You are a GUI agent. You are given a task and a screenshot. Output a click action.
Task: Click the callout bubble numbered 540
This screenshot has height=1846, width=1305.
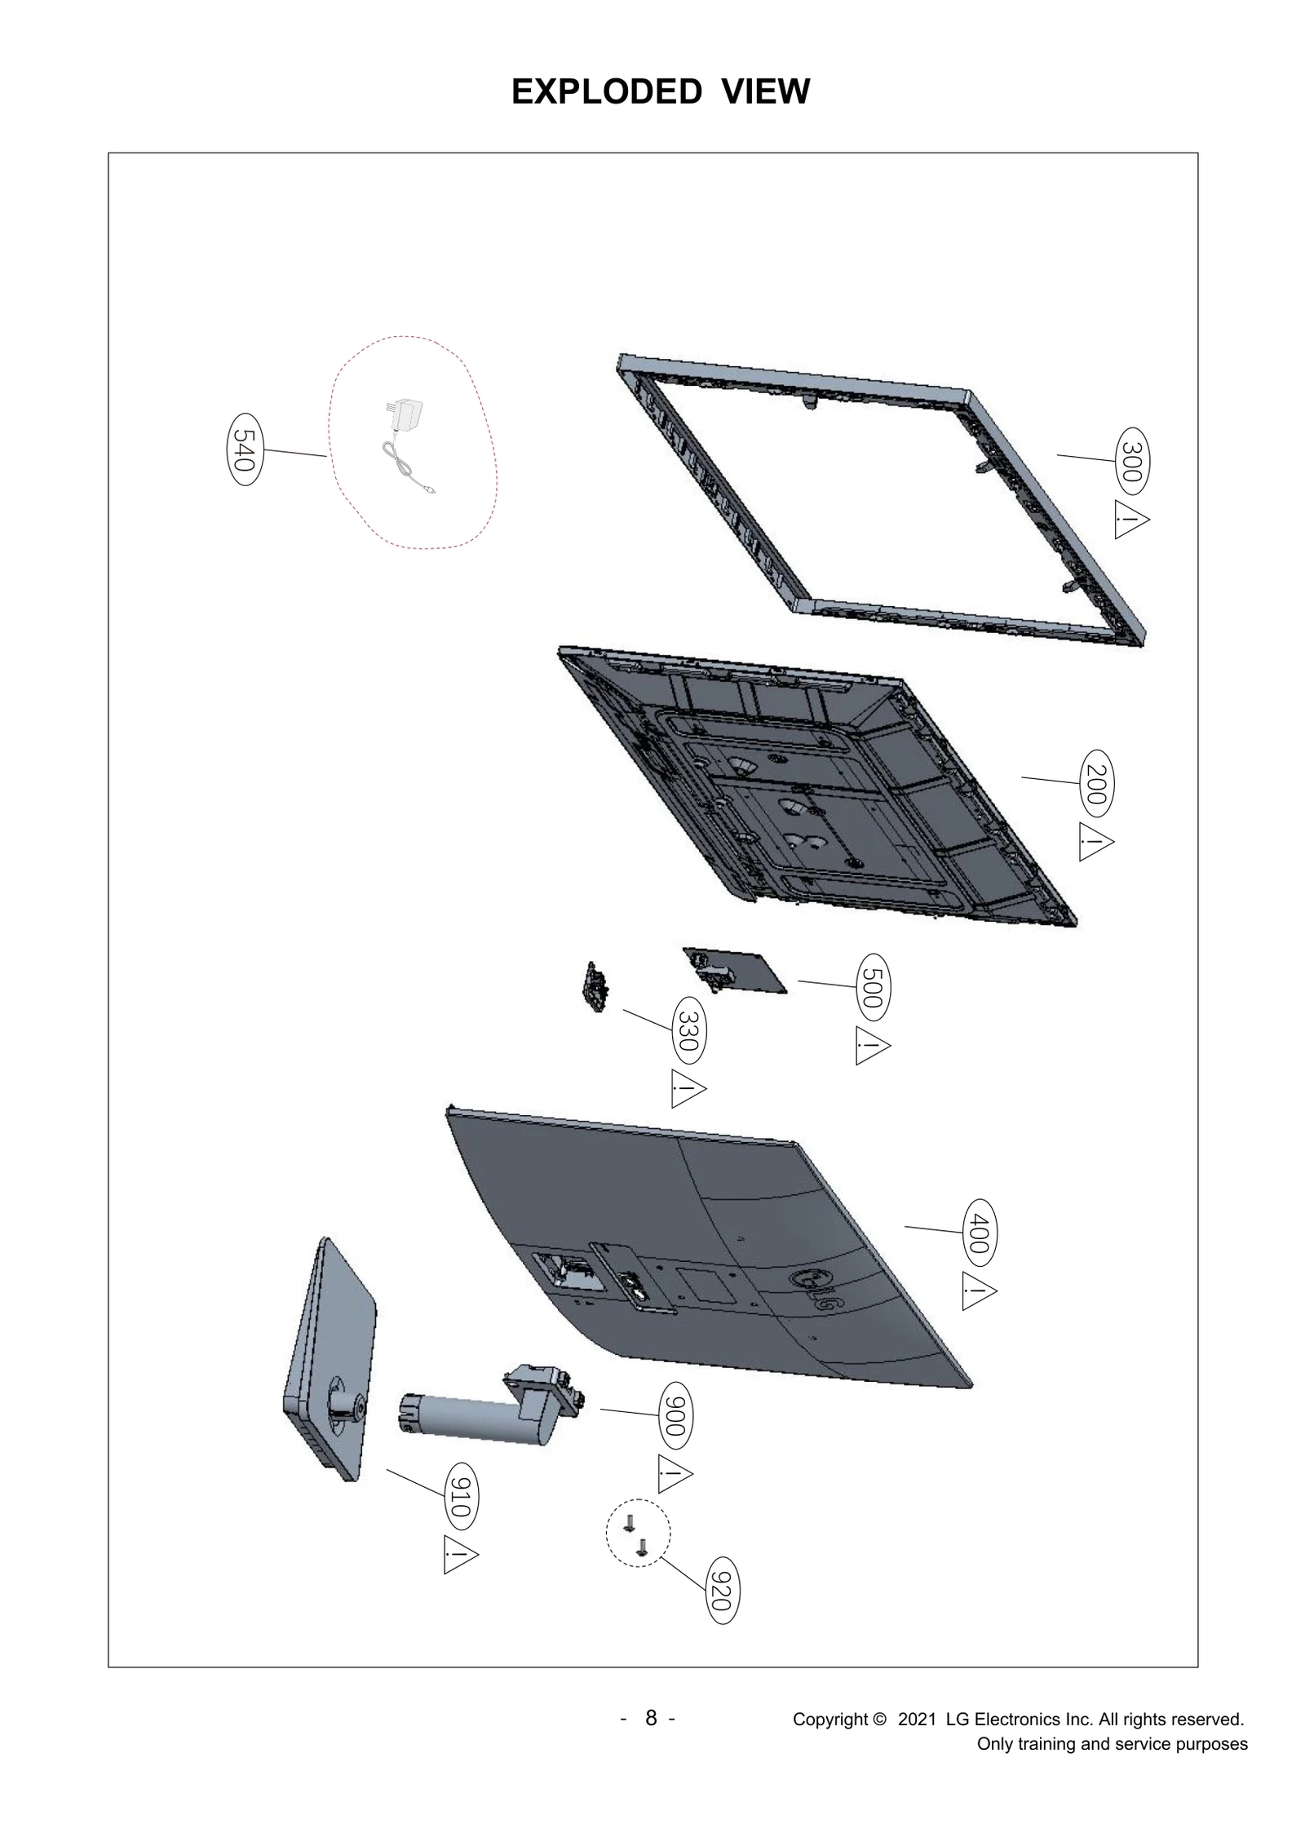pyautogui.click(x=244, y=450)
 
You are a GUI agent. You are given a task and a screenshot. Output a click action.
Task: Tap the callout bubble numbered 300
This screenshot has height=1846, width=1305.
pyautogui.click(x=1132, y=460)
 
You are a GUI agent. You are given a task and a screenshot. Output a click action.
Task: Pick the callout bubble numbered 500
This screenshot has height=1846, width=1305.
pyautogui.click(x=874, y=987)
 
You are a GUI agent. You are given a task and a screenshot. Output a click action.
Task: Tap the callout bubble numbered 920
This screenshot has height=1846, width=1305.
pyautogui.click(x=721, y=1591)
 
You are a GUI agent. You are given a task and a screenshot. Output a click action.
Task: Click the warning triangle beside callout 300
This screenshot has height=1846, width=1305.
pyautogui.click(x=1130, y=520)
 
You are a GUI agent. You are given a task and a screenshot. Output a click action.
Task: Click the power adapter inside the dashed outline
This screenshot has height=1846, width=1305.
pyautogui.click(x=405, y=418)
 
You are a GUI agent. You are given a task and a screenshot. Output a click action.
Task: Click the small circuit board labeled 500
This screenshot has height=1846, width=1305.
pyautogui.click(x=732, y=969)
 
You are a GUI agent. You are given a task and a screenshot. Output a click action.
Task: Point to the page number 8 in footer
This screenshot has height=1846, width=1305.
pyautogui.click(x=650, y=1718)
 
